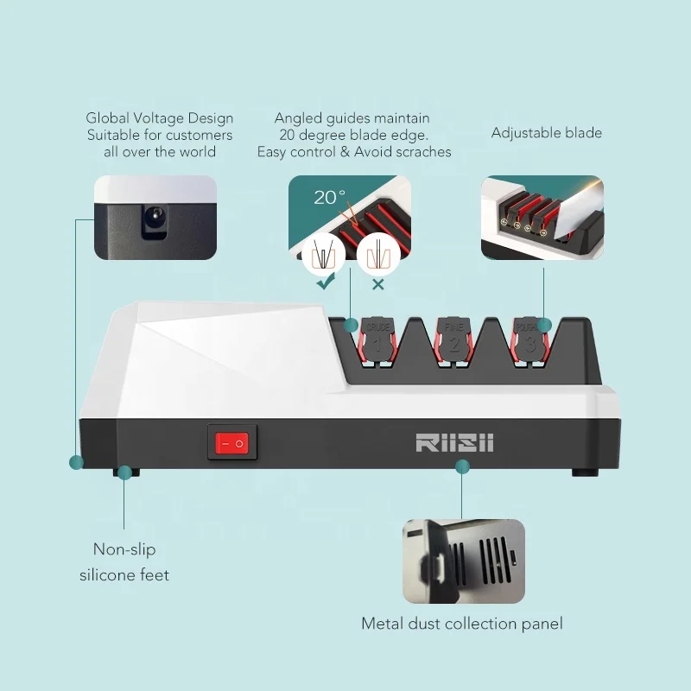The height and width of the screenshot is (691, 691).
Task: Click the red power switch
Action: [x=232, y=443]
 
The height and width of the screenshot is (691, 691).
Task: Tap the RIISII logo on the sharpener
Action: [x=454, y=442]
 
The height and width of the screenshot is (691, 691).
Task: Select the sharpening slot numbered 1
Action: [x=377, y=344]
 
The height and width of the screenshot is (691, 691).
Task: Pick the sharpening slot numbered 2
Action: [x=454, y=344]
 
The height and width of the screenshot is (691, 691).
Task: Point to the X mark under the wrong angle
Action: [x=377, y=282]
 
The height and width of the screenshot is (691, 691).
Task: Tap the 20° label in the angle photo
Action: [x=329, y=198]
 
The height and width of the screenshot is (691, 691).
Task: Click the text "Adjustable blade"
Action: [x=546, y=133]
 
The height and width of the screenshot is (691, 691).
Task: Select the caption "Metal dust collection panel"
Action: [x=462, y=623]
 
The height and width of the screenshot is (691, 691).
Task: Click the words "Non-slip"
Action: [x=124, y=549]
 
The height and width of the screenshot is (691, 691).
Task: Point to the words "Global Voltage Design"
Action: [x=160, y=118]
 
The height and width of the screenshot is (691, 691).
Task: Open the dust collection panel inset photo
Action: [x=463, y=561]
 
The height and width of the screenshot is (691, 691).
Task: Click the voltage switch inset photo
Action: [x=155, y=217]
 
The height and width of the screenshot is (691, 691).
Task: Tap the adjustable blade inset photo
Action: [x=542, y=217]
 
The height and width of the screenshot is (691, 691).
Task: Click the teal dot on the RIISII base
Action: [x=462, y=466]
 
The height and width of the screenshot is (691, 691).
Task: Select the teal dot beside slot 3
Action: [x=544, y=326]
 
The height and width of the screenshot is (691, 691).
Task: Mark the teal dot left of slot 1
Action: [x=351, y=326]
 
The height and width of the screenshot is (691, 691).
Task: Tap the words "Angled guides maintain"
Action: [x=352, y=118]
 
